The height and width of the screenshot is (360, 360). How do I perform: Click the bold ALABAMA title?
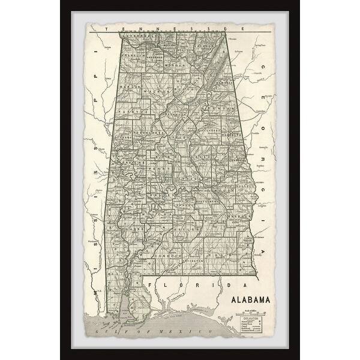[248, 299]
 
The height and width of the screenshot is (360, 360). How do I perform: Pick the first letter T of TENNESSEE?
[106, 27]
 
